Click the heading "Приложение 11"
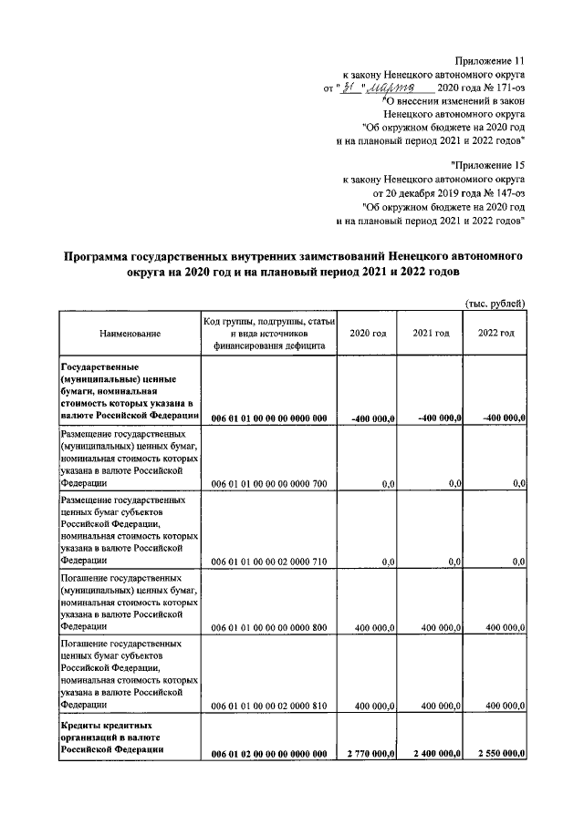490,60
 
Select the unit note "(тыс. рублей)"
495,304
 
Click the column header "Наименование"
130,335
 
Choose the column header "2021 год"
431,335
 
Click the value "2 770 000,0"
370,755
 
